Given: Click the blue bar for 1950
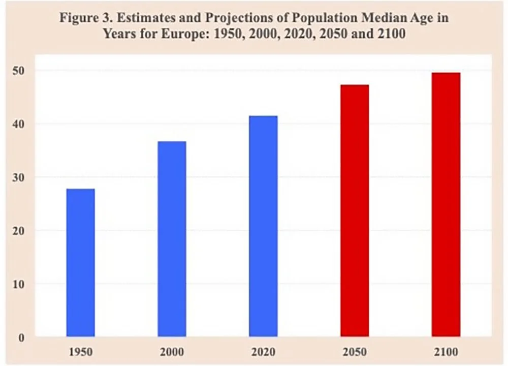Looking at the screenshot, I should tap(80, 262).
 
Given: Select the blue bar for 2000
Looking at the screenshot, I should tap(172, 238).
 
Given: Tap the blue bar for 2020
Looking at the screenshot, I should tap(263, 226).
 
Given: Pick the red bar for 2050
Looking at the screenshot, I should tap(355, 210).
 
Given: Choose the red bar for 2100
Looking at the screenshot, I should tap(446, 204).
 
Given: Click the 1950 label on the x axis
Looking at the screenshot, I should tap(80, 352).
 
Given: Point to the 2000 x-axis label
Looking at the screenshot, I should tap(172, 352).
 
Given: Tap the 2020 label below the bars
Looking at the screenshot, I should tap(263, 352).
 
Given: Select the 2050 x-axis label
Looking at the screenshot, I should tap(355, 352).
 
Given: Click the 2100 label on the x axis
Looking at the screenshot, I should tap(446, 352).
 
